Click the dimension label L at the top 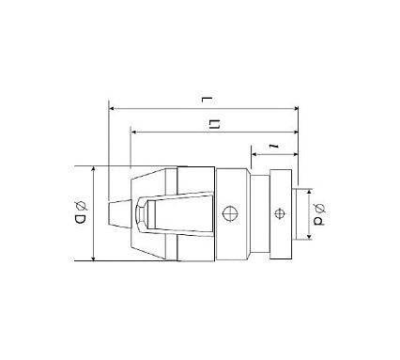[208, 100]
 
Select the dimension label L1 [214, 124]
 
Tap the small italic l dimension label [274, 146]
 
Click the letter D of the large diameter [80, 219]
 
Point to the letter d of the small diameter [319, 221]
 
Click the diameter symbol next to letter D [81, 206]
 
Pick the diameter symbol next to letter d [319, 209]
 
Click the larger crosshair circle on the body [230, 213]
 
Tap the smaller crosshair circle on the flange [279, 213]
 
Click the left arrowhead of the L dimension [111, 109]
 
